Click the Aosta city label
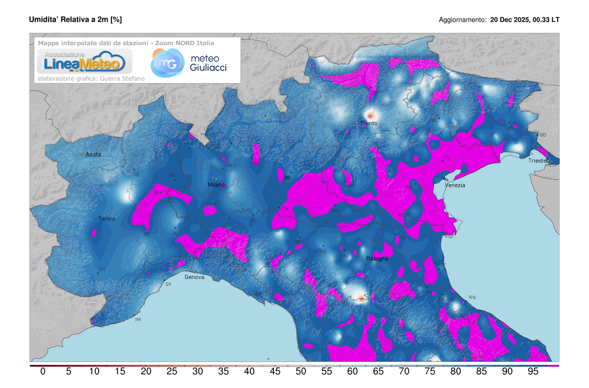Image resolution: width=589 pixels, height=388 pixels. click(x=93, y=154)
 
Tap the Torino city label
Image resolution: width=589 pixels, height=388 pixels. click(x=107, y=219)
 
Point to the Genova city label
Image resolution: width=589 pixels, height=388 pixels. click(x=194, y=277)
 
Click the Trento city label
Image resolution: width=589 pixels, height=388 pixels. click(x=369, y=123)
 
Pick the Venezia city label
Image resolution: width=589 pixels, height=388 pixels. click(x=455, y=185)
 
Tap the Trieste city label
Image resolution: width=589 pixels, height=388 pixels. click(x=538, y=161)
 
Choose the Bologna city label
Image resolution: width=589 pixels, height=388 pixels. click(x=377, y=258)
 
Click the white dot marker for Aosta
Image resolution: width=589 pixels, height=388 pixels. click(x=81, y=155)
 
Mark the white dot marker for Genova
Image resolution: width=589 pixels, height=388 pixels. click(x=194, y=271)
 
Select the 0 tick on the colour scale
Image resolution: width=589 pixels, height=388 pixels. click(x=43, y=372)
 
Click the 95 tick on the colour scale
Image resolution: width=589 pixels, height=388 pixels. click(x=533, y=372)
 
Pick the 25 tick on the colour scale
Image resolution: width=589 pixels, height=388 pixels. click(x=172, y=372)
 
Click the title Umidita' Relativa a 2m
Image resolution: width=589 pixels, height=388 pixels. click(x=75, y=20)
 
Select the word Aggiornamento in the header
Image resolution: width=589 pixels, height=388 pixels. click(x=462, y=20)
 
